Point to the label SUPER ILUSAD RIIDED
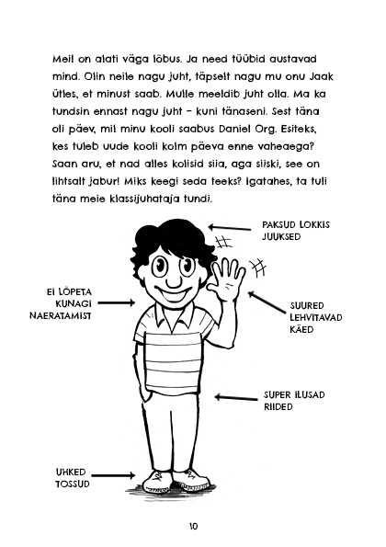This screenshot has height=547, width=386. tap(294, 401)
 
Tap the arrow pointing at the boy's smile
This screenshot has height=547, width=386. tap(120, 299)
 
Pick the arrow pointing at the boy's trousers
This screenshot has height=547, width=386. tap(233, 396)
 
